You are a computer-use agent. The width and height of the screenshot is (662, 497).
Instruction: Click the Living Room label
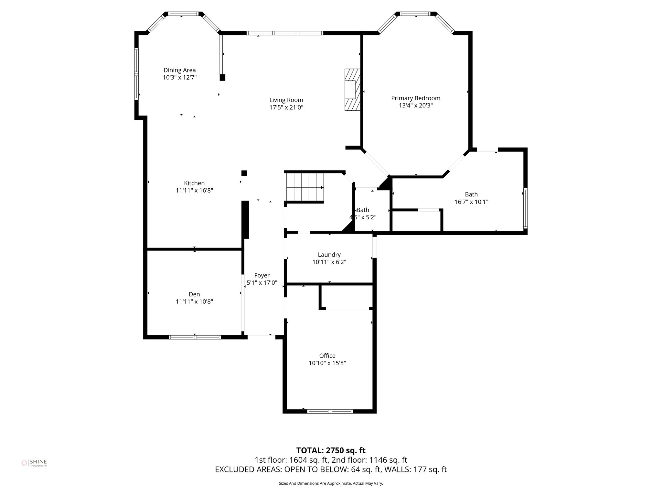[286, 100]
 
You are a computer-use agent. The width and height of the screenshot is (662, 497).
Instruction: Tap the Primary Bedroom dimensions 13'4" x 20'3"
[416, 105]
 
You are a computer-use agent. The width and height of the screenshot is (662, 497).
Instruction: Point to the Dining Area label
[179, 70]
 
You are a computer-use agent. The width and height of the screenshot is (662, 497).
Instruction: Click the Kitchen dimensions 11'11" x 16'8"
[194, 191]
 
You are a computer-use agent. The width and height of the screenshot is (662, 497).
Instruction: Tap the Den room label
[194, 294]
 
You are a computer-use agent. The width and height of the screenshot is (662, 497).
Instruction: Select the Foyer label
[262, 275]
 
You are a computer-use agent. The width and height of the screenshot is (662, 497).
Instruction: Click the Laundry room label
[329, 255]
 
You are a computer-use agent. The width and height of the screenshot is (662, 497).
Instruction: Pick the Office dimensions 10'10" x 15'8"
[327, 363]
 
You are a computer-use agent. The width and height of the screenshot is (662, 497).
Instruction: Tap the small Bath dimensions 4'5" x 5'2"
[363, 217]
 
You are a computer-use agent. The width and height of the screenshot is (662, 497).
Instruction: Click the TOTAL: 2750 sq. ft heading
[331, 450]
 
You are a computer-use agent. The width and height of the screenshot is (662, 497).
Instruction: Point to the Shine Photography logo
[34, 463]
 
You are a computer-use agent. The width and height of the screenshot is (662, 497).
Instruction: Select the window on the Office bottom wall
[330, 412]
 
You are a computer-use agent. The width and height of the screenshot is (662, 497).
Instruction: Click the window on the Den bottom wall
[195, 337]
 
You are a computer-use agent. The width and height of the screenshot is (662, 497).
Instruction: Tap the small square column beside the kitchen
[244, 173]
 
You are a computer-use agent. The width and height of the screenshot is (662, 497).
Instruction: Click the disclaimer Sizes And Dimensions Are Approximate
[331, 483]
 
